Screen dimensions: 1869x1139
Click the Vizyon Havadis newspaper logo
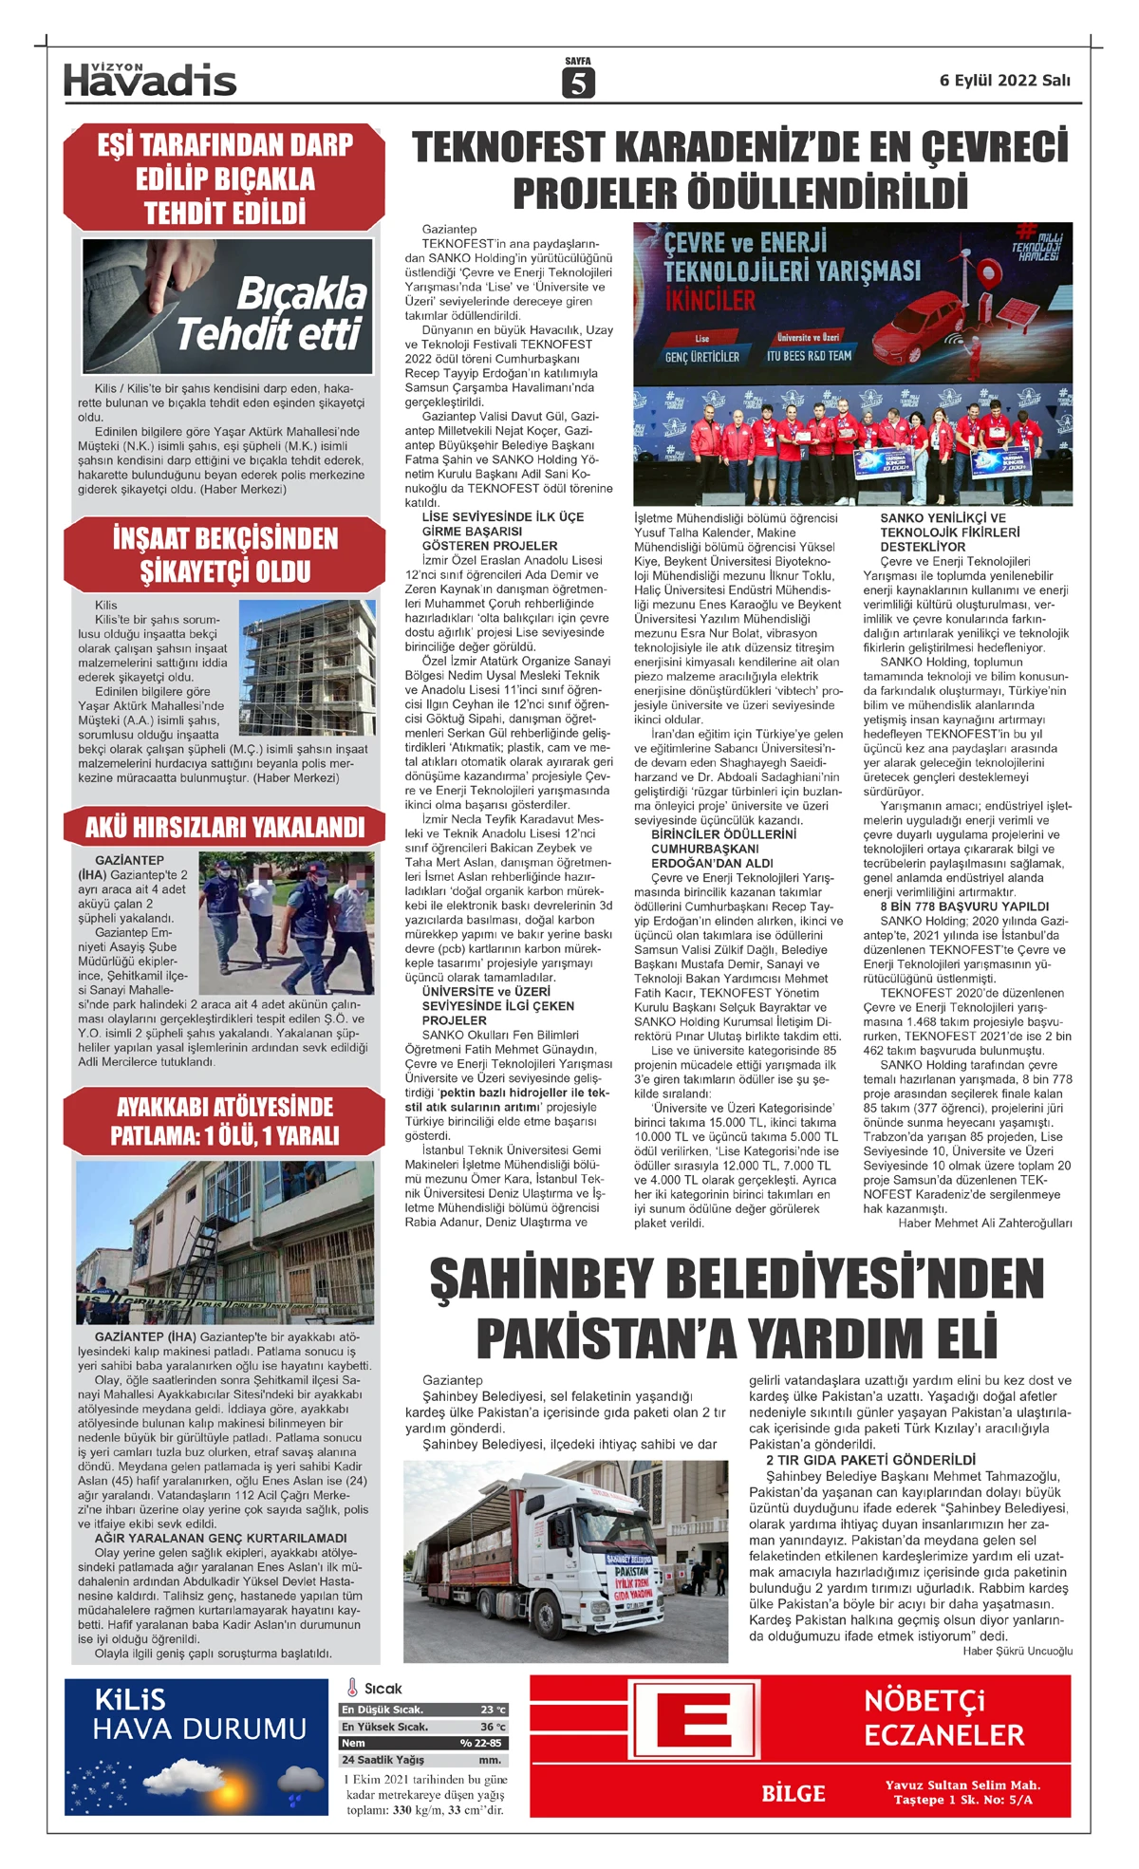pyautogui.click(x=150, y=80)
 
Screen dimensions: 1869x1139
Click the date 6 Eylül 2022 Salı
pyautogui.click(x=1004, y=81)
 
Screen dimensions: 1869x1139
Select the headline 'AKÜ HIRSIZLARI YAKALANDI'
pyautogui.click(x=225, y=827)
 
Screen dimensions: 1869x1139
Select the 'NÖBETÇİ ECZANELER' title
pyautogui.click(x=943, y=1719)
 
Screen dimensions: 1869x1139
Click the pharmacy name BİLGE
pyautogui.click(x=794, y=1794)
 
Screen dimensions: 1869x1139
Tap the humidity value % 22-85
pyautogui.click(x=481, y=1744)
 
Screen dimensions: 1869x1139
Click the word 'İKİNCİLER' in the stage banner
pyautogui.click(x=710, y=302)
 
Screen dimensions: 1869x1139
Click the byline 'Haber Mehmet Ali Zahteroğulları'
pyautogui.click(x=984, y=1223)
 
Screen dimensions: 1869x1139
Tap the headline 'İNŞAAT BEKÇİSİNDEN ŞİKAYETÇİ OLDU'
pyautogui.click(x=225, y=554)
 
